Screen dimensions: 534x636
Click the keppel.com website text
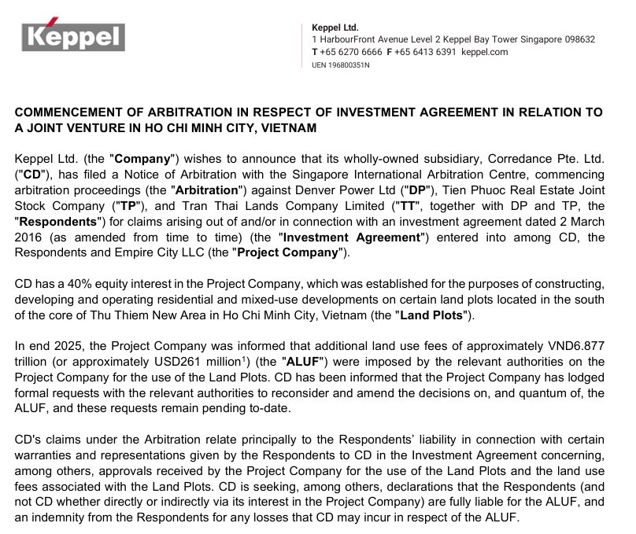(484, 52)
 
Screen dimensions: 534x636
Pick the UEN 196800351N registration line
(340, 64)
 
